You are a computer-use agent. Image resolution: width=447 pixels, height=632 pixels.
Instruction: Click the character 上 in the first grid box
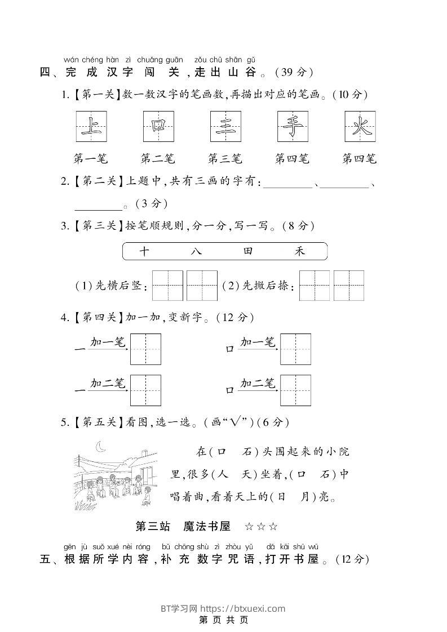point(91,126)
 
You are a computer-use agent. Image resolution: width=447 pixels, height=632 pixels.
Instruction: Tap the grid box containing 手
point(293,126)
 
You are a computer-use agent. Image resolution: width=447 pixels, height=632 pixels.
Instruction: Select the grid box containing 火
point(360,126)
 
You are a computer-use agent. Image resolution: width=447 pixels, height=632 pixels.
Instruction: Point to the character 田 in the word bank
point(249,251)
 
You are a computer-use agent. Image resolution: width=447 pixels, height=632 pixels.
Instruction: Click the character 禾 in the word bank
point(299,251)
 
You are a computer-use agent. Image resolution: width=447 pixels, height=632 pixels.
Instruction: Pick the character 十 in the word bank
point(144,251)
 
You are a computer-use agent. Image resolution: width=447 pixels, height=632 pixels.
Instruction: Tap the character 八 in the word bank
point(196,251)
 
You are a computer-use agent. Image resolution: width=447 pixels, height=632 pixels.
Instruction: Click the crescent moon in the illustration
point(101,447)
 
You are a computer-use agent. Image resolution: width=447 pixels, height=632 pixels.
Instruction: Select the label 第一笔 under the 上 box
point(90,159)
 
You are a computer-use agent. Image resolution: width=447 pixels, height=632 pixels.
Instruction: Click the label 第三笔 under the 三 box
point(225,159)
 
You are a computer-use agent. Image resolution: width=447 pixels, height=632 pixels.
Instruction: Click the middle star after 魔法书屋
point(262,527)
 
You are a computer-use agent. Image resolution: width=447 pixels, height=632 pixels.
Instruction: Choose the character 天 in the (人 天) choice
point(246,474)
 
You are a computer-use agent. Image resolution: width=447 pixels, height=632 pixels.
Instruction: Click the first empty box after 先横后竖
point(168,286)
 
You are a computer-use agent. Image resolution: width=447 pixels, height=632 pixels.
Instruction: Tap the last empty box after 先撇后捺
point(348,286)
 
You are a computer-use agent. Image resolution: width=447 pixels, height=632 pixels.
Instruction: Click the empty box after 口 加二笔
point(295,390)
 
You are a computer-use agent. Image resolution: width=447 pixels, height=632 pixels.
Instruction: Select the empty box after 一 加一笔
point(145,349)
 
